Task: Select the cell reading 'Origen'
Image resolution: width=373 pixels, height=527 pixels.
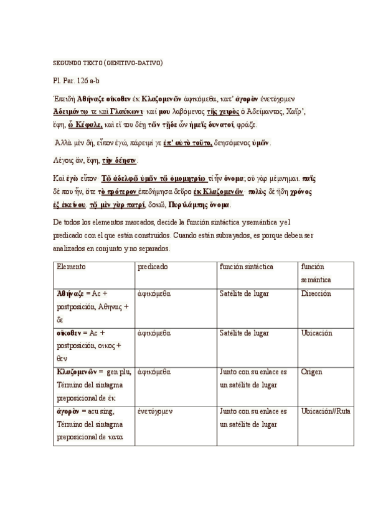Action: tap(311, 372)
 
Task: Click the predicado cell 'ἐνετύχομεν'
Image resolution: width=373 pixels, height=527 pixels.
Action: tap(156, 411)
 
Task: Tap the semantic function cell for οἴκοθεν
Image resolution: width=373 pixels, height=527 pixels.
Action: tap(316, 332)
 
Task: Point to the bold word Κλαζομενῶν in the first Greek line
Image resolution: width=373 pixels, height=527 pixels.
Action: tap(166, 99)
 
